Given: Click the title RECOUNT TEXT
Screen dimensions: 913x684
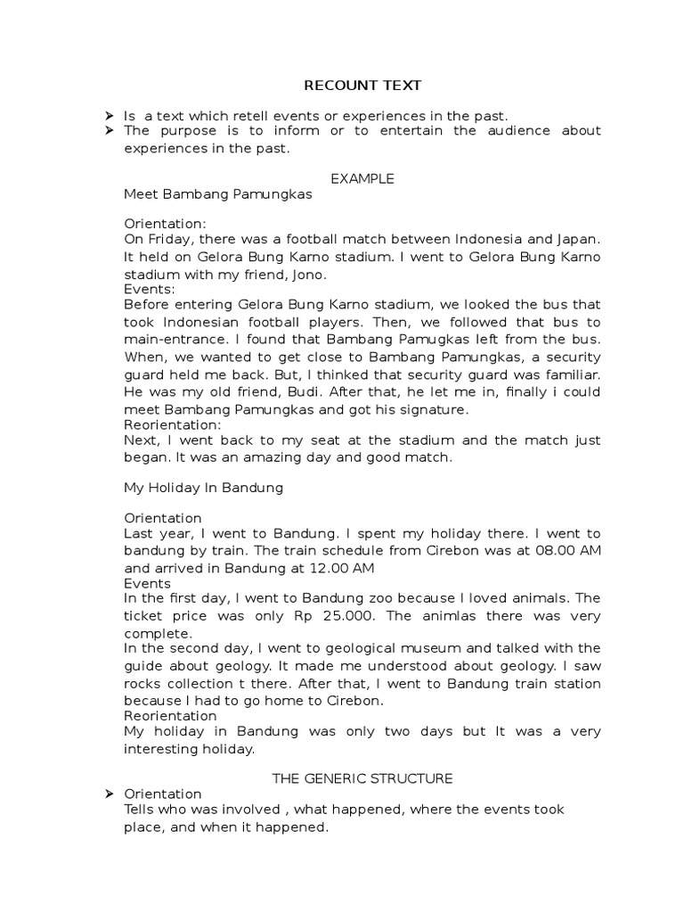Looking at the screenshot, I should pos(362,86).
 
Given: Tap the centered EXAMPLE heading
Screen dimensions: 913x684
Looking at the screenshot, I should pos(362,178).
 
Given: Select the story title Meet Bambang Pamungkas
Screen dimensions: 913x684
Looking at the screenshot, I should pos(212,193).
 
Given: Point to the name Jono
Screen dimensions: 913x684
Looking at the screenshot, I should pos(309,274).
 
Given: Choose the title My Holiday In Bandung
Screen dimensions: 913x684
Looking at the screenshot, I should pos(203,488).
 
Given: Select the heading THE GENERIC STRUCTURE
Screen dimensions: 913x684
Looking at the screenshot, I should pos(362,778).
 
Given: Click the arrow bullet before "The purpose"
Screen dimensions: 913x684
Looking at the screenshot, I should pos(109,130).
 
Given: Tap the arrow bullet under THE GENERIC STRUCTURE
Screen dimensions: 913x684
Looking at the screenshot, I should pos(109,794).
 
